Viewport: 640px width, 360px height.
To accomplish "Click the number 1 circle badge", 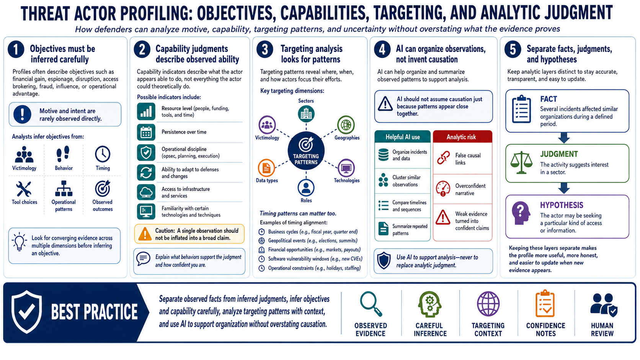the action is [16, 49].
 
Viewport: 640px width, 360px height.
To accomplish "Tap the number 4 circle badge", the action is [382, 49].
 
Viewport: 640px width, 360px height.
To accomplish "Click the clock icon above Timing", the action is [103, 154].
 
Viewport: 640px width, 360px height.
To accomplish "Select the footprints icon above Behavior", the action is [63, 154].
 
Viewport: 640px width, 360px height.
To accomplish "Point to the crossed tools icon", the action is [24, 189].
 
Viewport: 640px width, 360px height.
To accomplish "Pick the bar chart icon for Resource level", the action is [146, 111].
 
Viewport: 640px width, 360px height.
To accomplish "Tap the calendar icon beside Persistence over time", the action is [146, 132].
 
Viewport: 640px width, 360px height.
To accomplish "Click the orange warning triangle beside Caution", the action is [145, 234].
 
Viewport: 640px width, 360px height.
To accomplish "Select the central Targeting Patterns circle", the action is [306, 151].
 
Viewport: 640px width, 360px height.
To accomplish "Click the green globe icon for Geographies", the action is [346, 125].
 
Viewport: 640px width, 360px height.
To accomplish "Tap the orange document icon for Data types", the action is [266, 168].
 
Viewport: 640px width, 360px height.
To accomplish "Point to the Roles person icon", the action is [306, 187].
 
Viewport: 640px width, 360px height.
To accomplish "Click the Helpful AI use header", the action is [403, 137].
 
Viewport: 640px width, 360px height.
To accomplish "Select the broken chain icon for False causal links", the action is [443, 158].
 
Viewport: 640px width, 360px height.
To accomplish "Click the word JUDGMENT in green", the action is [559, 154].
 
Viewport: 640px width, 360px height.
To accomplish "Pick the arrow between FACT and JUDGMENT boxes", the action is [564, 138].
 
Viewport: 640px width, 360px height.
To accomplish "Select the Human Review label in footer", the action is [602, 329].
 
